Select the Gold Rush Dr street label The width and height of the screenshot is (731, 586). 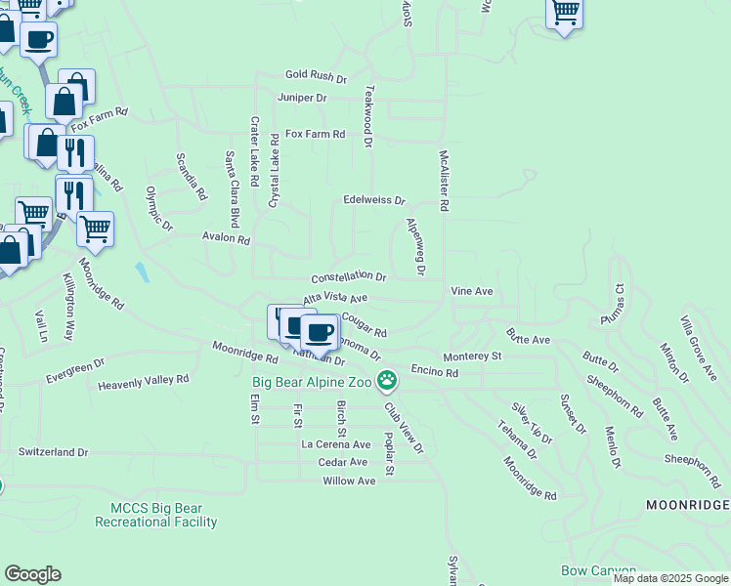click(316, 75)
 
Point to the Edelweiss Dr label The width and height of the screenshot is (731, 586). click(373, 200)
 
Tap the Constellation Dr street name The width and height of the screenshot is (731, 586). click(349, 277)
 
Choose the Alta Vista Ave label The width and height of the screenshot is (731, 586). click(334, 298)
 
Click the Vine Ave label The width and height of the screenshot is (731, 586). click(471, 291)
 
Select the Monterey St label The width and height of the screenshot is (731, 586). click(472, 357)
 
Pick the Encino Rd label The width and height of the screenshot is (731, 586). click(435, 372)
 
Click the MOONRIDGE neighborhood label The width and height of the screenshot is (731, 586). click(687, 504)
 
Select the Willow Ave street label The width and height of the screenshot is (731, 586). click(350, 481)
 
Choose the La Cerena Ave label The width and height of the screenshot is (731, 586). click(335, 444)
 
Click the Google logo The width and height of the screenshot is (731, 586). click(32, 574)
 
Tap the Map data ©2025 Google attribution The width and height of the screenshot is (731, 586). click(670, 578)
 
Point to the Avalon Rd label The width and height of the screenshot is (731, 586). click(226, 238)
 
